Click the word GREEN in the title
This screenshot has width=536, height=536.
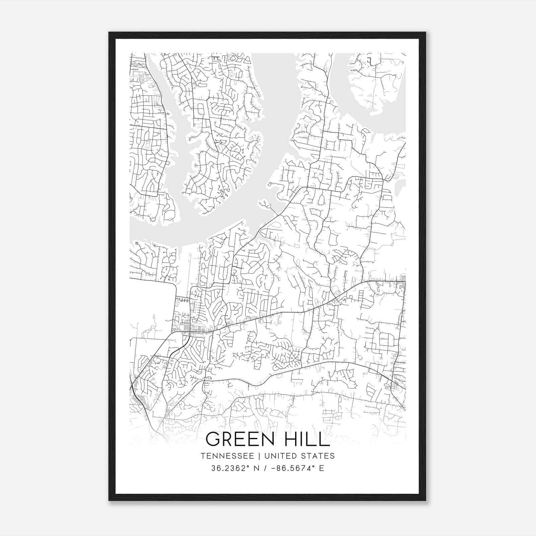(240, 439)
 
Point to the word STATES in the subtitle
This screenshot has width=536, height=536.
(319, 456)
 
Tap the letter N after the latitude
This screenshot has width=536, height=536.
(257, 468)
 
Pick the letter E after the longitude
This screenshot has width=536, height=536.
(322, 468)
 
